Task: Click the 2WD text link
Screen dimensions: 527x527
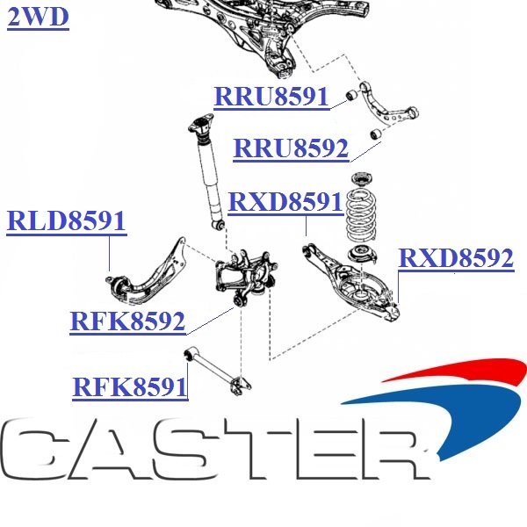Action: (x=37, y=17)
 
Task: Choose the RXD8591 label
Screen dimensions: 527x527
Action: (x=285, y=202)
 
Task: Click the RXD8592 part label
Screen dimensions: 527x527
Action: (x=456, y=257)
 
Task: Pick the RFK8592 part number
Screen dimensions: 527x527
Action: (x=127, y=321)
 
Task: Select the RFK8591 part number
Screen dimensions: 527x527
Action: (x=130, y=386)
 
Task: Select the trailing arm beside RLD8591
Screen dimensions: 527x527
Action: (x=149, y=272)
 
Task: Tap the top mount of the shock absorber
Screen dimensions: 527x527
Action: (x=203, y=126)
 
